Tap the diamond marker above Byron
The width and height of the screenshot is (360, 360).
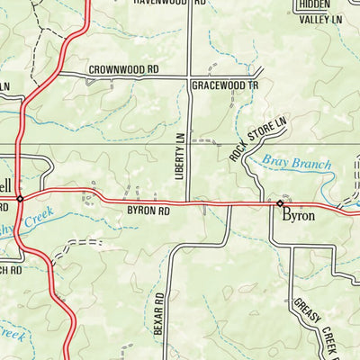pyautogui.click(x=279, y=204)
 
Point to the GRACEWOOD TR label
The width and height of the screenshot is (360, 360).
pyautogui.click(x=224, y=85)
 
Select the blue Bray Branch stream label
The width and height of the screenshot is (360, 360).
pyautogui.click(x=296, y=164)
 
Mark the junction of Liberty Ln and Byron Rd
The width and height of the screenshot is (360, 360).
pyautogui.click(x=190, y=203)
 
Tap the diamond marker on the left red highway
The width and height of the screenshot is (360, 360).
pyautogui.click(x=20, y=196)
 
